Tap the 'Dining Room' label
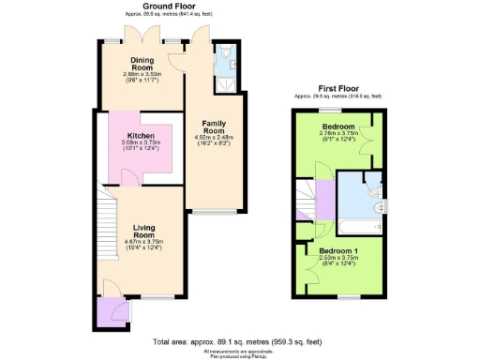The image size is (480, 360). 145,66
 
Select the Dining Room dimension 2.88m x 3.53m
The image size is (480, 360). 145,77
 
